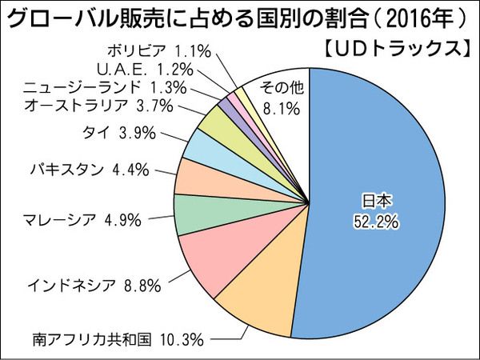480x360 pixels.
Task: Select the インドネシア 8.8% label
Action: point(95,283)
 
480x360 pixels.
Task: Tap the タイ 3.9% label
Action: point(118,133)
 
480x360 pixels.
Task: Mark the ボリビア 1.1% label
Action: point(160,51)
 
